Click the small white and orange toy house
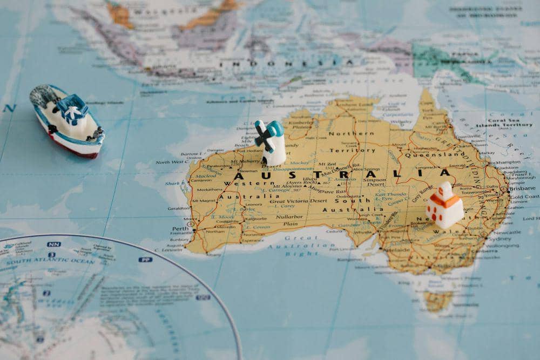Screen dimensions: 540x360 pos(444,205)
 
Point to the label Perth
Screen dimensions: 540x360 pos(180,228)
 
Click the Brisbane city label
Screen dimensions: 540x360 pos(522,188)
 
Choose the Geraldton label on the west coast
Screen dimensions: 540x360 pos(179,208)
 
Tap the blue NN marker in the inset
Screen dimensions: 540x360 pos(53,244)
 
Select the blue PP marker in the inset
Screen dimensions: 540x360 pos(145,260)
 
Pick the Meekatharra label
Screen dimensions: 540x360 pos(210,189)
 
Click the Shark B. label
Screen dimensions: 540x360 pos(175,183)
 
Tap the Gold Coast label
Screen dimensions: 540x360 pos(524,197)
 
